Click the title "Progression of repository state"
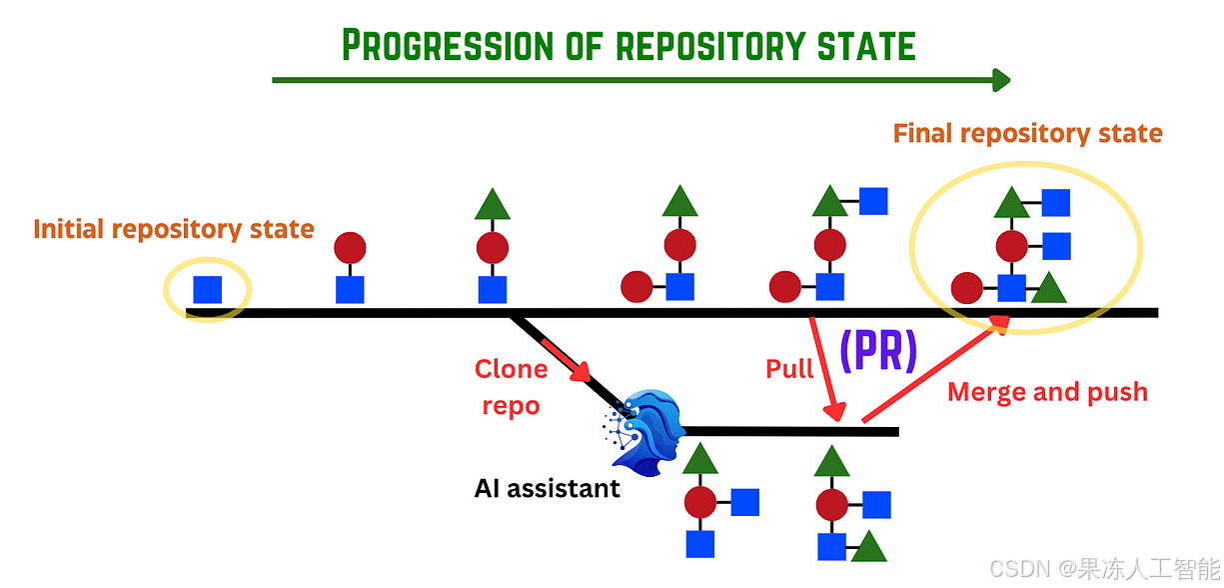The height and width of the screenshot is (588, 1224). point(628,45)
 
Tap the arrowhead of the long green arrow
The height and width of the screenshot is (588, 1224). point(1000,80)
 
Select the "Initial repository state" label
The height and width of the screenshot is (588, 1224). point(174,229)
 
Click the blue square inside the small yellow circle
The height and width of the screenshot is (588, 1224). point(207,289)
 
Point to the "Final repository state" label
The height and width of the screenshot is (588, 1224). point(1027,133)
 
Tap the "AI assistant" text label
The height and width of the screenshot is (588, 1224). point(547,489)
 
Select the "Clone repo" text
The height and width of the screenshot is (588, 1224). point(511,388)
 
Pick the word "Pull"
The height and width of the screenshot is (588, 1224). point(789,369)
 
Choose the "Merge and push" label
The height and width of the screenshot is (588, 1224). point(1047,392)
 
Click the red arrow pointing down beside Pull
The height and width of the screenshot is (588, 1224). point(827,370)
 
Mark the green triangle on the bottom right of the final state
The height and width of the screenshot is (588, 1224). point(1048,289)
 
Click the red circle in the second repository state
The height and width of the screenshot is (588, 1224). point(350,247)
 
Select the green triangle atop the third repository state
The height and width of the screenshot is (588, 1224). point(492,205)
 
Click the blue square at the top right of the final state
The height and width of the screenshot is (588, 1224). point(1056,203)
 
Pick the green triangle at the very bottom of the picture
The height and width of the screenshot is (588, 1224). point(868,547)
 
